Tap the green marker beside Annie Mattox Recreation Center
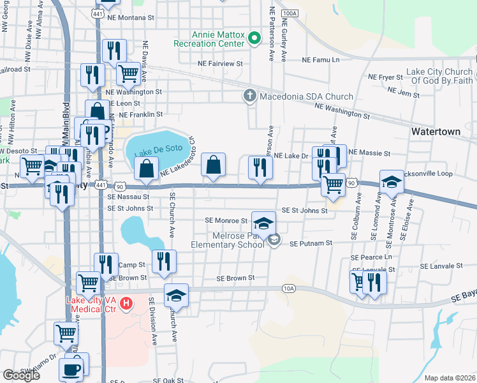coord(254,39)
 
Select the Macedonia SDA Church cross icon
coord(249,96)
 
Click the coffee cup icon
coord(71,370)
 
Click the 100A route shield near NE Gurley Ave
coord(289,13)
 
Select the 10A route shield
coord(288,289)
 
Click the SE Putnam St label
coord(311,243)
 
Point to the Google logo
coord(21,375)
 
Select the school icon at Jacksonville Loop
coord(391,181)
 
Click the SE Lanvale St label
coord(441,266)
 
